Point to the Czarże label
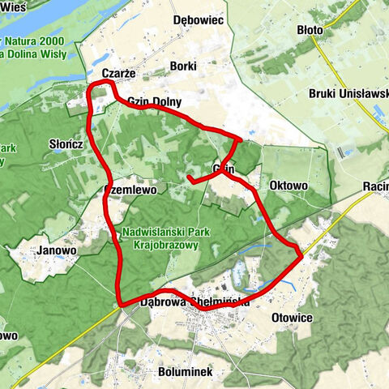(x=118, y=74)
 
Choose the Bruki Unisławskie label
(x=348, y=93)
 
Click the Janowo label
(x=56, y=250)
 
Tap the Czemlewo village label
(x=135, y=189)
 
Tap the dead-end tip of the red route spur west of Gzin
(x=188, y=177)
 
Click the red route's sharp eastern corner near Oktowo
(x=301, y=255)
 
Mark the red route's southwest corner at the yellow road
(x=122, y=304)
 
